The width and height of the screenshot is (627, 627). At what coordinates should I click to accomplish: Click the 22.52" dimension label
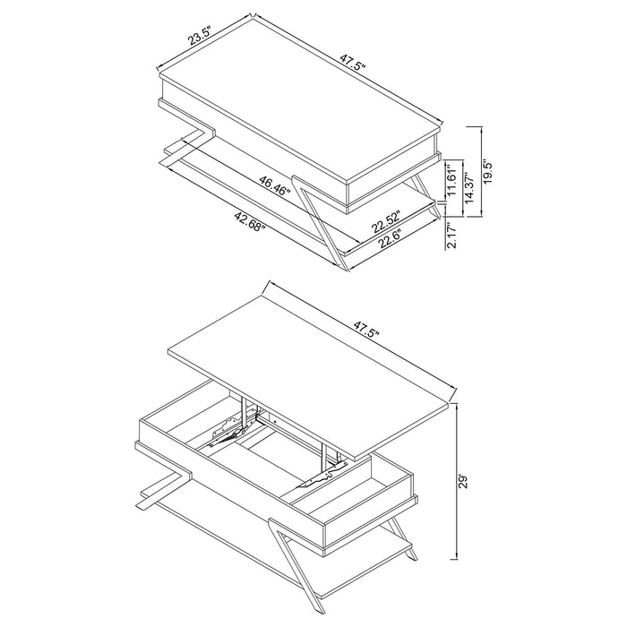coord(387,219)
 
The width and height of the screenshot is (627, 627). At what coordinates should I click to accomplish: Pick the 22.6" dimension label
coord(388,236)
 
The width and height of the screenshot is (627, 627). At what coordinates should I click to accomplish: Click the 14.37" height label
coord(468,189)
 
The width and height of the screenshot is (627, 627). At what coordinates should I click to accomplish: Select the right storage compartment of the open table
coord(354,493)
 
